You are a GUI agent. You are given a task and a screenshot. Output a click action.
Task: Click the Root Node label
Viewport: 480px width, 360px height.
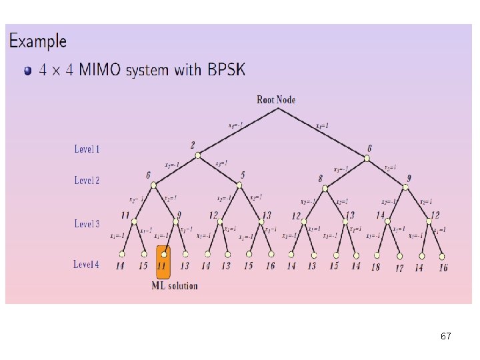[x=276, y=100]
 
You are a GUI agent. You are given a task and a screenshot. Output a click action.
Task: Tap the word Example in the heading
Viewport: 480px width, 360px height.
[x=38, y=41]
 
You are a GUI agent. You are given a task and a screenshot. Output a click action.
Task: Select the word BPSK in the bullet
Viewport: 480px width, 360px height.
[x=224, y=69]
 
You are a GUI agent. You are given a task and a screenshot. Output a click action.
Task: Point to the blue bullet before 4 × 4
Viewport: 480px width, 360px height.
[x=27, y=71]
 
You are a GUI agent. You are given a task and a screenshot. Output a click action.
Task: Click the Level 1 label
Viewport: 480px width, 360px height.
[x=87, y=149]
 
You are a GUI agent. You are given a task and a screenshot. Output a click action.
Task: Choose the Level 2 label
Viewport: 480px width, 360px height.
[x=87, y=180]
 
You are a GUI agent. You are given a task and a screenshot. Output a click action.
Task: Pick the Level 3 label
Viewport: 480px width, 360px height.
[x=87, y=224]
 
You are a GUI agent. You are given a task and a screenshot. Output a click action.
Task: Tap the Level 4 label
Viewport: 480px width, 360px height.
[x=87, y=265]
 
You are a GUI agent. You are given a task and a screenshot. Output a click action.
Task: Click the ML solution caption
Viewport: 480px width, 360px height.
[x=175, y=286]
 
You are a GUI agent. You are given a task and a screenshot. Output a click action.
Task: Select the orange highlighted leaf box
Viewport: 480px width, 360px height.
[x=163, y=262]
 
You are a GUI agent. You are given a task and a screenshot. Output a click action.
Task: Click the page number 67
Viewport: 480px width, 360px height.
[x=445, y=337]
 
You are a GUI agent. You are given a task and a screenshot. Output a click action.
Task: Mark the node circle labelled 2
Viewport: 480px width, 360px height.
[x=197, y=156]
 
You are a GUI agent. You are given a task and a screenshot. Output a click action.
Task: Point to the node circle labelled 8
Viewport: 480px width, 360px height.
[x=325, y=187]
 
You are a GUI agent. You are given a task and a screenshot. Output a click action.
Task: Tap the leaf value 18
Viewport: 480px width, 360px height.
[x=375, y=267]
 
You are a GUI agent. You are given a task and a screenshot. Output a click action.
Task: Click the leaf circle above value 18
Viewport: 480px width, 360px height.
[x=378, y=254]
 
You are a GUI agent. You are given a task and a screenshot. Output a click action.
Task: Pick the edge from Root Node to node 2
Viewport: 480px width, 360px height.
[x=237, y=133]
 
